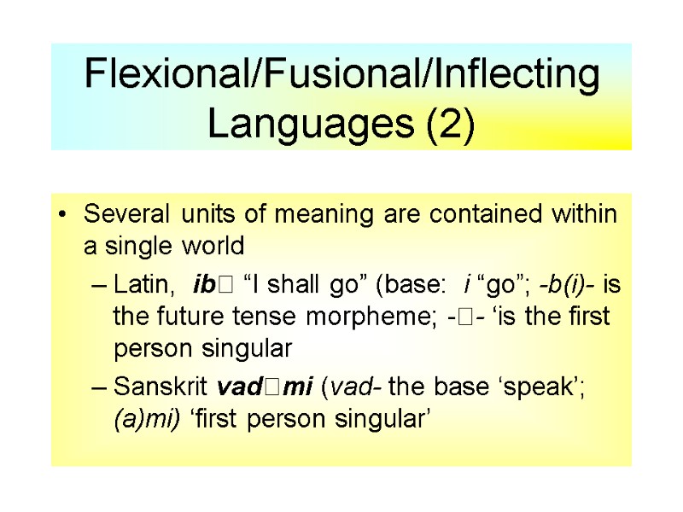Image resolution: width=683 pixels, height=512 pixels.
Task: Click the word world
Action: click(214, 246)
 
